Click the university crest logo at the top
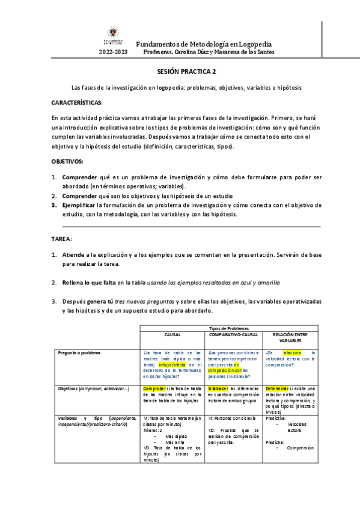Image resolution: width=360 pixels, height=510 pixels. pyautogui.click(x=114, y=35)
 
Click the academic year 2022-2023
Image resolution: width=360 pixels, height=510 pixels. pyautogui.click(x=114, y=52)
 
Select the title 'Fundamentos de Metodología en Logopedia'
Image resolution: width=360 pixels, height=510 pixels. pyautogui.click(x=204, y=44)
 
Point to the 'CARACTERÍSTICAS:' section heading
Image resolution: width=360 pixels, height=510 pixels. pyautogui.click(x=78, y=103)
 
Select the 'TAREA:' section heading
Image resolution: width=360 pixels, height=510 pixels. pyautogui.click(x=62, y=239)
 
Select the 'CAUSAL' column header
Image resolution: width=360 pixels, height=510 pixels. pyautogui.click(x=172, y=335)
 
